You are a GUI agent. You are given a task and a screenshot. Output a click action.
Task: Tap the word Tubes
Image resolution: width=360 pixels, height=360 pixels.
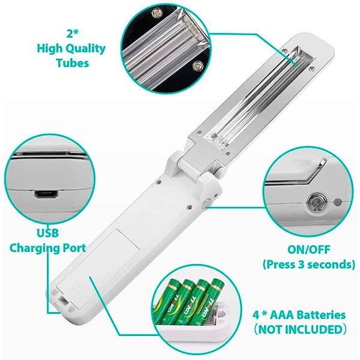73,63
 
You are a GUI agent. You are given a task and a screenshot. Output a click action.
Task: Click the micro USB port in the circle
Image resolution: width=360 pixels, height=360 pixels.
46,194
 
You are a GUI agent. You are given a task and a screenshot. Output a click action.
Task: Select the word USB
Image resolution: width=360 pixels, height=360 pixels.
48,233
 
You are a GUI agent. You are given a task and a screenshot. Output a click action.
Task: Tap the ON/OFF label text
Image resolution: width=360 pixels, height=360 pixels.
309,250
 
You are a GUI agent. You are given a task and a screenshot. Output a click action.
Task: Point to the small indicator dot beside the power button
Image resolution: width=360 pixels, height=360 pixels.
337,203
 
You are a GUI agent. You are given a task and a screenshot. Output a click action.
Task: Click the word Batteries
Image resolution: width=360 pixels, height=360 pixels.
319,315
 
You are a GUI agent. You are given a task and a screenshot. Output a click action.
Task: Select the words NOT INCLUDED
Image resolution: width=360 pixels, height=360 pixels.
301,329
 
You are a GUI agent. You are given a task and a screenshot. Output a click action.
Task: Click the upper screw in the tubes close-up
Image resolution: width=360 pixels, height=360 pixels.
157,13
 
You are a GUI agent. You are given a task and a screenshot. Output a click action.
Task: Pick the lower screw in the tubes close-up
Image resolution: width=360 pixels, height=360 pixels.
197,65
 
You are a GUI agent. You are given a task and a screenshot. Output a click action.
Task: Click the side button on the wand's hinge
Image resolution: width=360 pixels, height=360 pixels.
207,203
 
